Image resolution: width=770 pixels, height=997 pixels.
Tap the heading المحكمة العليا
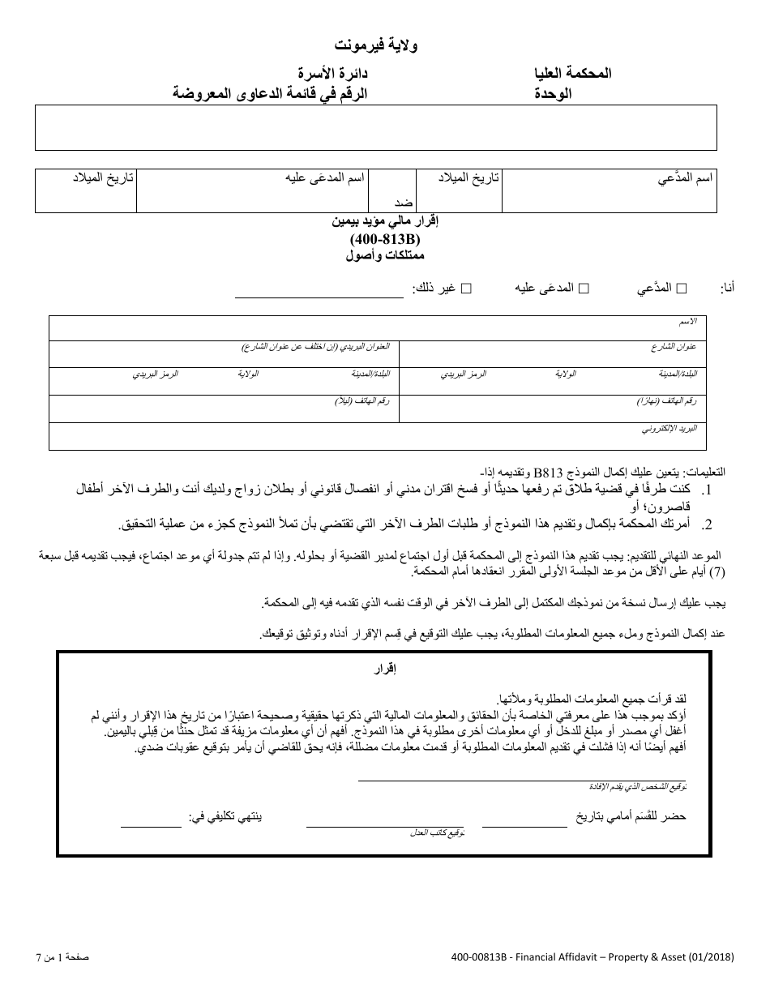click(x=572, y=73)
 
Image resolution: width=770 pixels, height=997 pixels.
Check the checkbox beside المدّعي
click(x=681, y=288)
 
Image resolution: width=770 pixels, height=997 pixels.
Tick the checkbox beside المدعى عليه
click(x=583, y=288)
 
